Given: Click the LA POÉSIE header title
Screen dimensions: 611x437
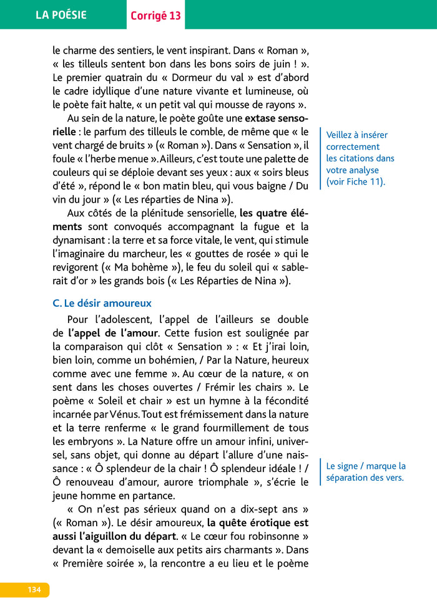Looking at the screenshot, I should click(x=61, y=15).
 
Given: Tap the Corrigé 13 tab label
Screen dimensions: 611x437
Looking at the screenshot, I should click(x=155, y=16).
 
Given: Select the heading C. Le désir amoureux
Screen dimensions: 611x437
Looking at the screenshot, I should click(x=102, y=303).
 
